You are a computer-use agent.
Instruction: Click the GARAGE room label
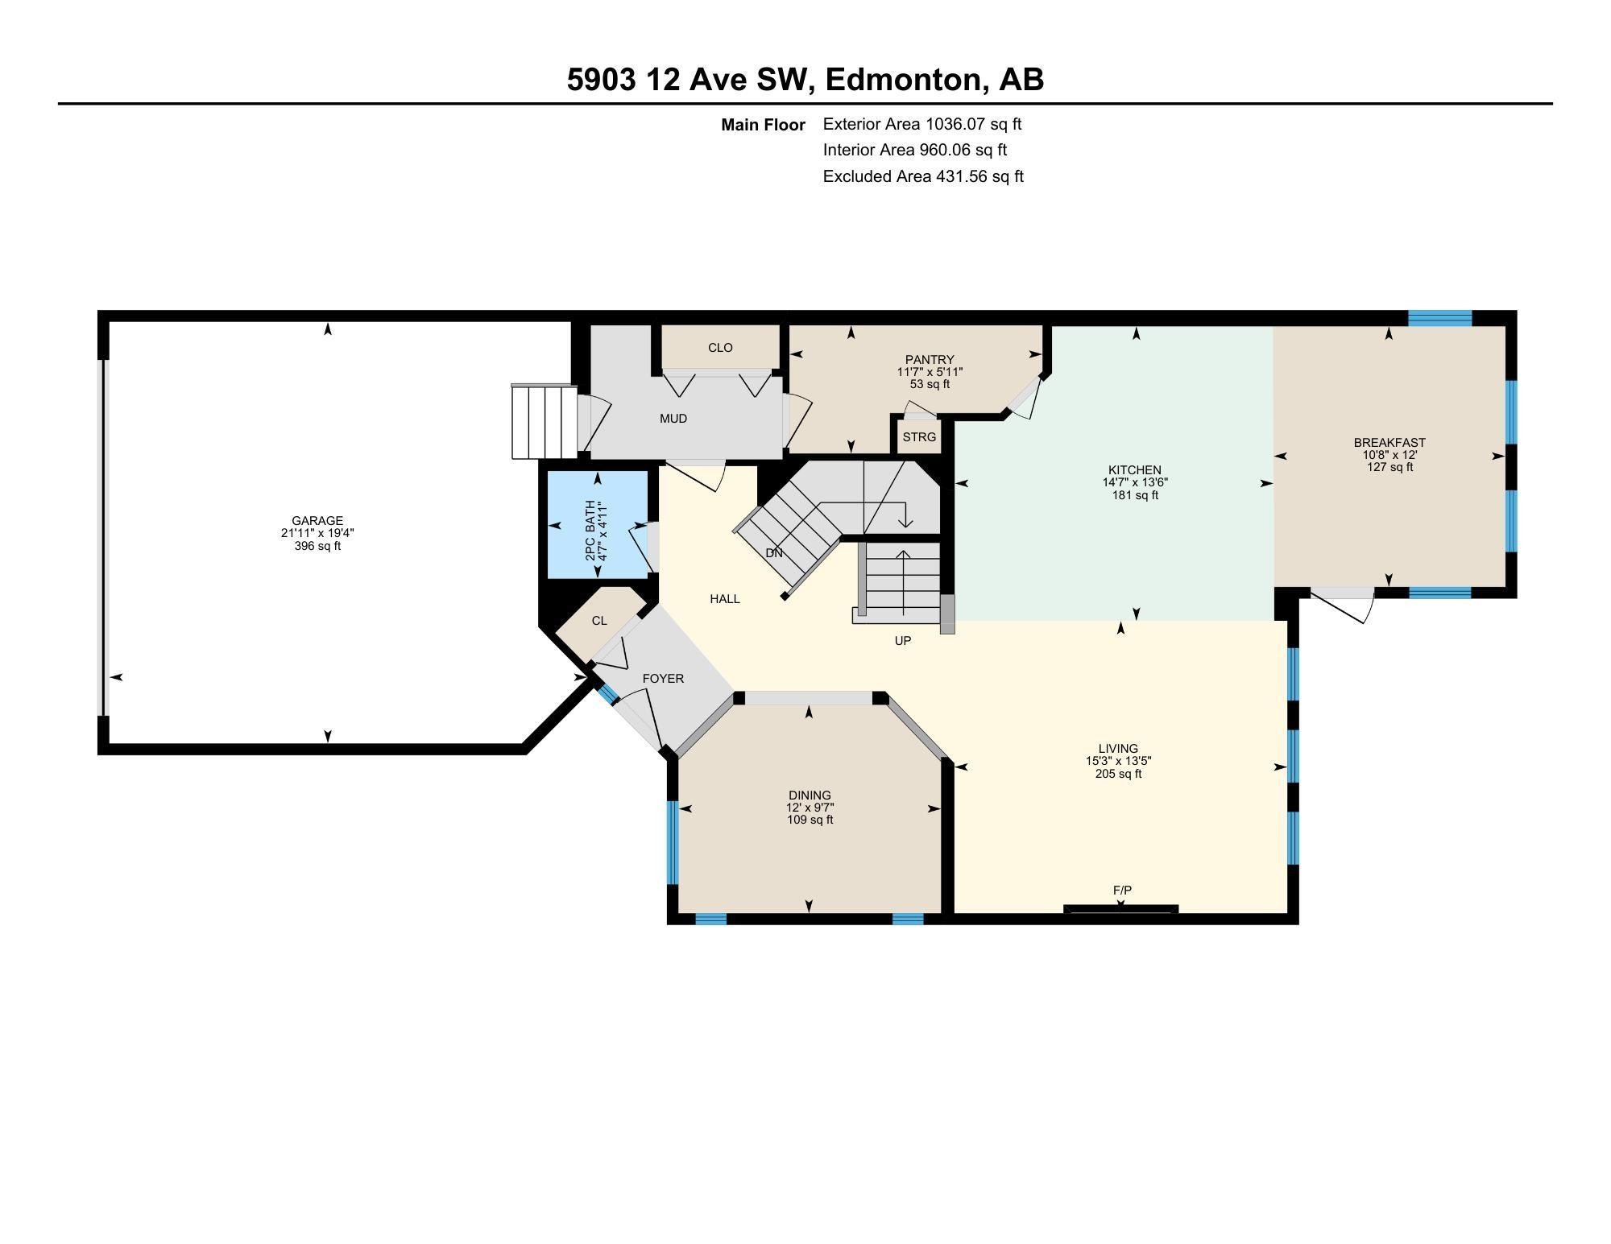[317, 521]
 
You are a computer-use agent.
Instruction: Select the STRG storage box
[919, 437]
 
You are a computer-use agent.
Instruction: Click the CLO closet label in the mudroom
[720, 348]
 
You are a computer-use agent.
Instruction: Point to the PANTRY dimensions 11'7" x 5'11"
[930, 372]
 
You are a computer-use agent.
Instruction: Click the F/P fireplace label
[1122, 890]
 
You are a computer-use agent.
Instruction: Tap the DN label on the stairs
[773, 553]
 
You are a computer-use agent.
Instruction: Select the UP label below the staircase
[902, 641]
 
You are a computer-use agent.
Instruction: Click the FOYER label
[663, 679]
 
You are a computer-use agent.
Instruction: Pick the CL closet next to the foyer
[599, 621]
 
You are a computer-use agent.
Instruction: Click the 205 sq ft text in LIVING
[1118, 774]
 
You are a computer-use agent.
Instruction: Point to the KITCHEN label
[1134, 470]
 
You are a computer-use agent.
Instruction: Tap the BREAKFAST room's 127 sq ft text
[1389, 467]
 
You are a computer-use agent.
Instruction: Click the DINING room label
[810, 796]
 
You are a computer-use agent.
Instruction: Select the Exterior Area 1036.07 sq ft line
[921, 124]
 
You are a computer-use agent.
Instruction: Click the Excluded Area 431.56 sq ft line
[922, 176]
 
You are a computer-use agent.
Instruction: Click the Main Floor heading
[763, 125]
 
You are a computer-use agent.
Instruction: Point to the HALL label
[725, 599]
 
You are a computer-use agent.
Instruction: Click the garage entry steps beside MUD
[545, 421]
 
